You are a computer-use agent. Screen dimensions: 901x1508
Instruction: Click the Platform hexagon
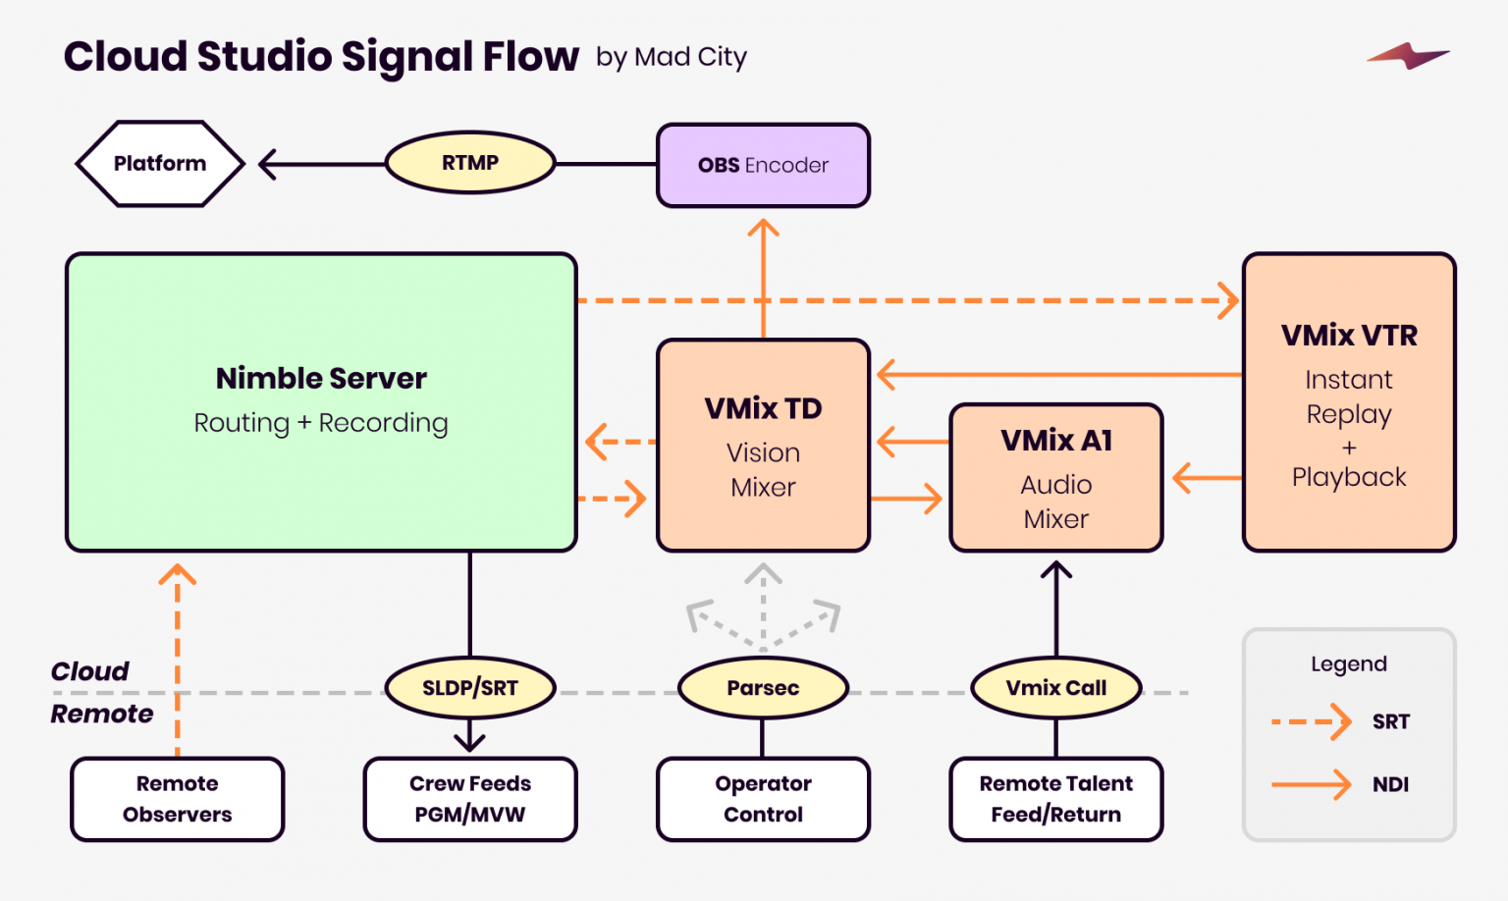click(x=159, y=164)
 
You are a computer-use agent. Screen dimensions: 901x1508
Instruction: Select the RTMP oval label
click(x=470, y=163)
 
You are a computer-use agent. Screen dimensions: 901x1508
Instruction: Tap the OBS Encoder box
click(x=763, y=165)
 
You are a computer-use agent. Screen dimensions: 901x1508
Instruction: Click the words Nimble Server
click(x=321, y=378)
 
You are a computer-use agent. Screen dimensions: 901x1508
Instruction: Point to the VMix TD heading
click(x=763, y=408)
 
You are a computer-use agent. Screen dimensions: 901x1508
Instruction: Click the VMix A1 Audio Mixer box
click(x=1055, y=478)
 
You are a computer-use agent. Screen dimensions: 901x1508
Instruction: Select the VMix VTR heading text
click(x=1349, y=336)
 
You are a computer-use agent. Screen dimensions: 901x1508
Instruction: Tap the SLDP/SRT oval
click(x=470, y=688)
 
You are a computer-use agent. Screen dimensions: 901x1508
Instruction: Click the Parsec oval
click(x=763, y=688)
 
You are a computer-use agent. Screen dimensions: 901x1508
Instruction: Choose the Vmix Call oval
click(x=1055, y=688)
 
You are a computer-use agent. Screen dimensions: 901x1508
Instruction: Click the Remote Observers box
click(x=178, y=799)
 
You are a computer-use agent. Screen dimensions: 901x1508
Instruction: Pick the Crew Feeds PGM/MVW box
click(x=470, y=799)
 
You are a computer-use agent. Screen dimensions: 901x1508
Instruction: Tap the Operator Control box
click(x=763, y=799)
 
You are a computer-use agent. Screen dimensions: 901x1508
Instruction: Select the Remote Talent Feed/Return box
click(x=1055, y=799)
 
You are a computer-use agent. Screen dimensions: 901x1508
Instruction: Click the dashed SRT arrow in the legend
click(x=1312, y=722)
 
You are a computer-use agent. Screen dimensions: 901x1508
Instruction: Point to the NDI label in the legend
click(x=1390, y=784)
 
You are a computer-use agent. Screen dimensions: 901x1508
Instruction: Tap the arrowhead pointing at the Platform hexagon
click(x=267, y=164)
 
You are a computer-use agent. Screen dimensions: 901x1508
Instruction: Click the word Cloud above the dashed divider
click(x=89, y=671)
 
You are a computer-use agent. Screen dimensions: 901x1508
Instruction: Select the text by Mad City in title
click(x=672, y=58)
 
